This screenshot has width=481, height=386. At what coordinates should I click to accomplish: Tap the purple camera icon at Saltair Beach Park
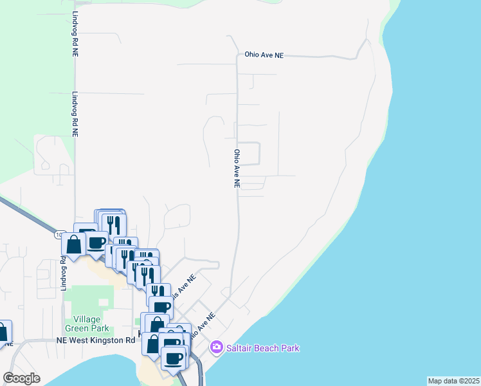point(217,348)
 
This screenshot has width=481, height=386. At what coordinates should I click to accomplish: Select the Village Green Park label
point(87,324)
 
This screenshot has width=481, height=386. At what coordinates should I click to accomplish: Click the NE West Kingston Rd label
point(96,340)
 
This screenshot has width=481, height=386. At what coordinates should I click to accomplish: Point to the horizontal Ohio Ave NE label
point(264,55)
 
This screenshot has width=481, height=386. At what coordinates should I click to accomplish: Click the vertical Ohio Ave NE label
point(237,169)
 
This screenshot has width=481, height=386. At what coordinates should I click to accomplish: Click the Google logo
point(21,378)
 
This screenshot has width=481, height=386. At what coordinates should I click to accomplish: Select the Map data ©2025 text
point(453,381)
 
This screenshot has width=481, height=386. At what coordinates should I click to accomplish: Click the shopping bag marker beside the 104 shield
point(74,245)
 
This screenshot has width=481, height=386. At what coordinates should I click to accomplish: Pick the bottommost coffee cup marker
point(173,358)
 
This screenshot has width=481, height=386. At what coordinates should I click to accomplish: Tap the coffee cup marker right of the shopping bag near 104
point(96,243)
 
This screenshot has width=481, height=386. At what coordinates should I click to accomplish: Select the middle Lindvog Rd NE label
point(75,113)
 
